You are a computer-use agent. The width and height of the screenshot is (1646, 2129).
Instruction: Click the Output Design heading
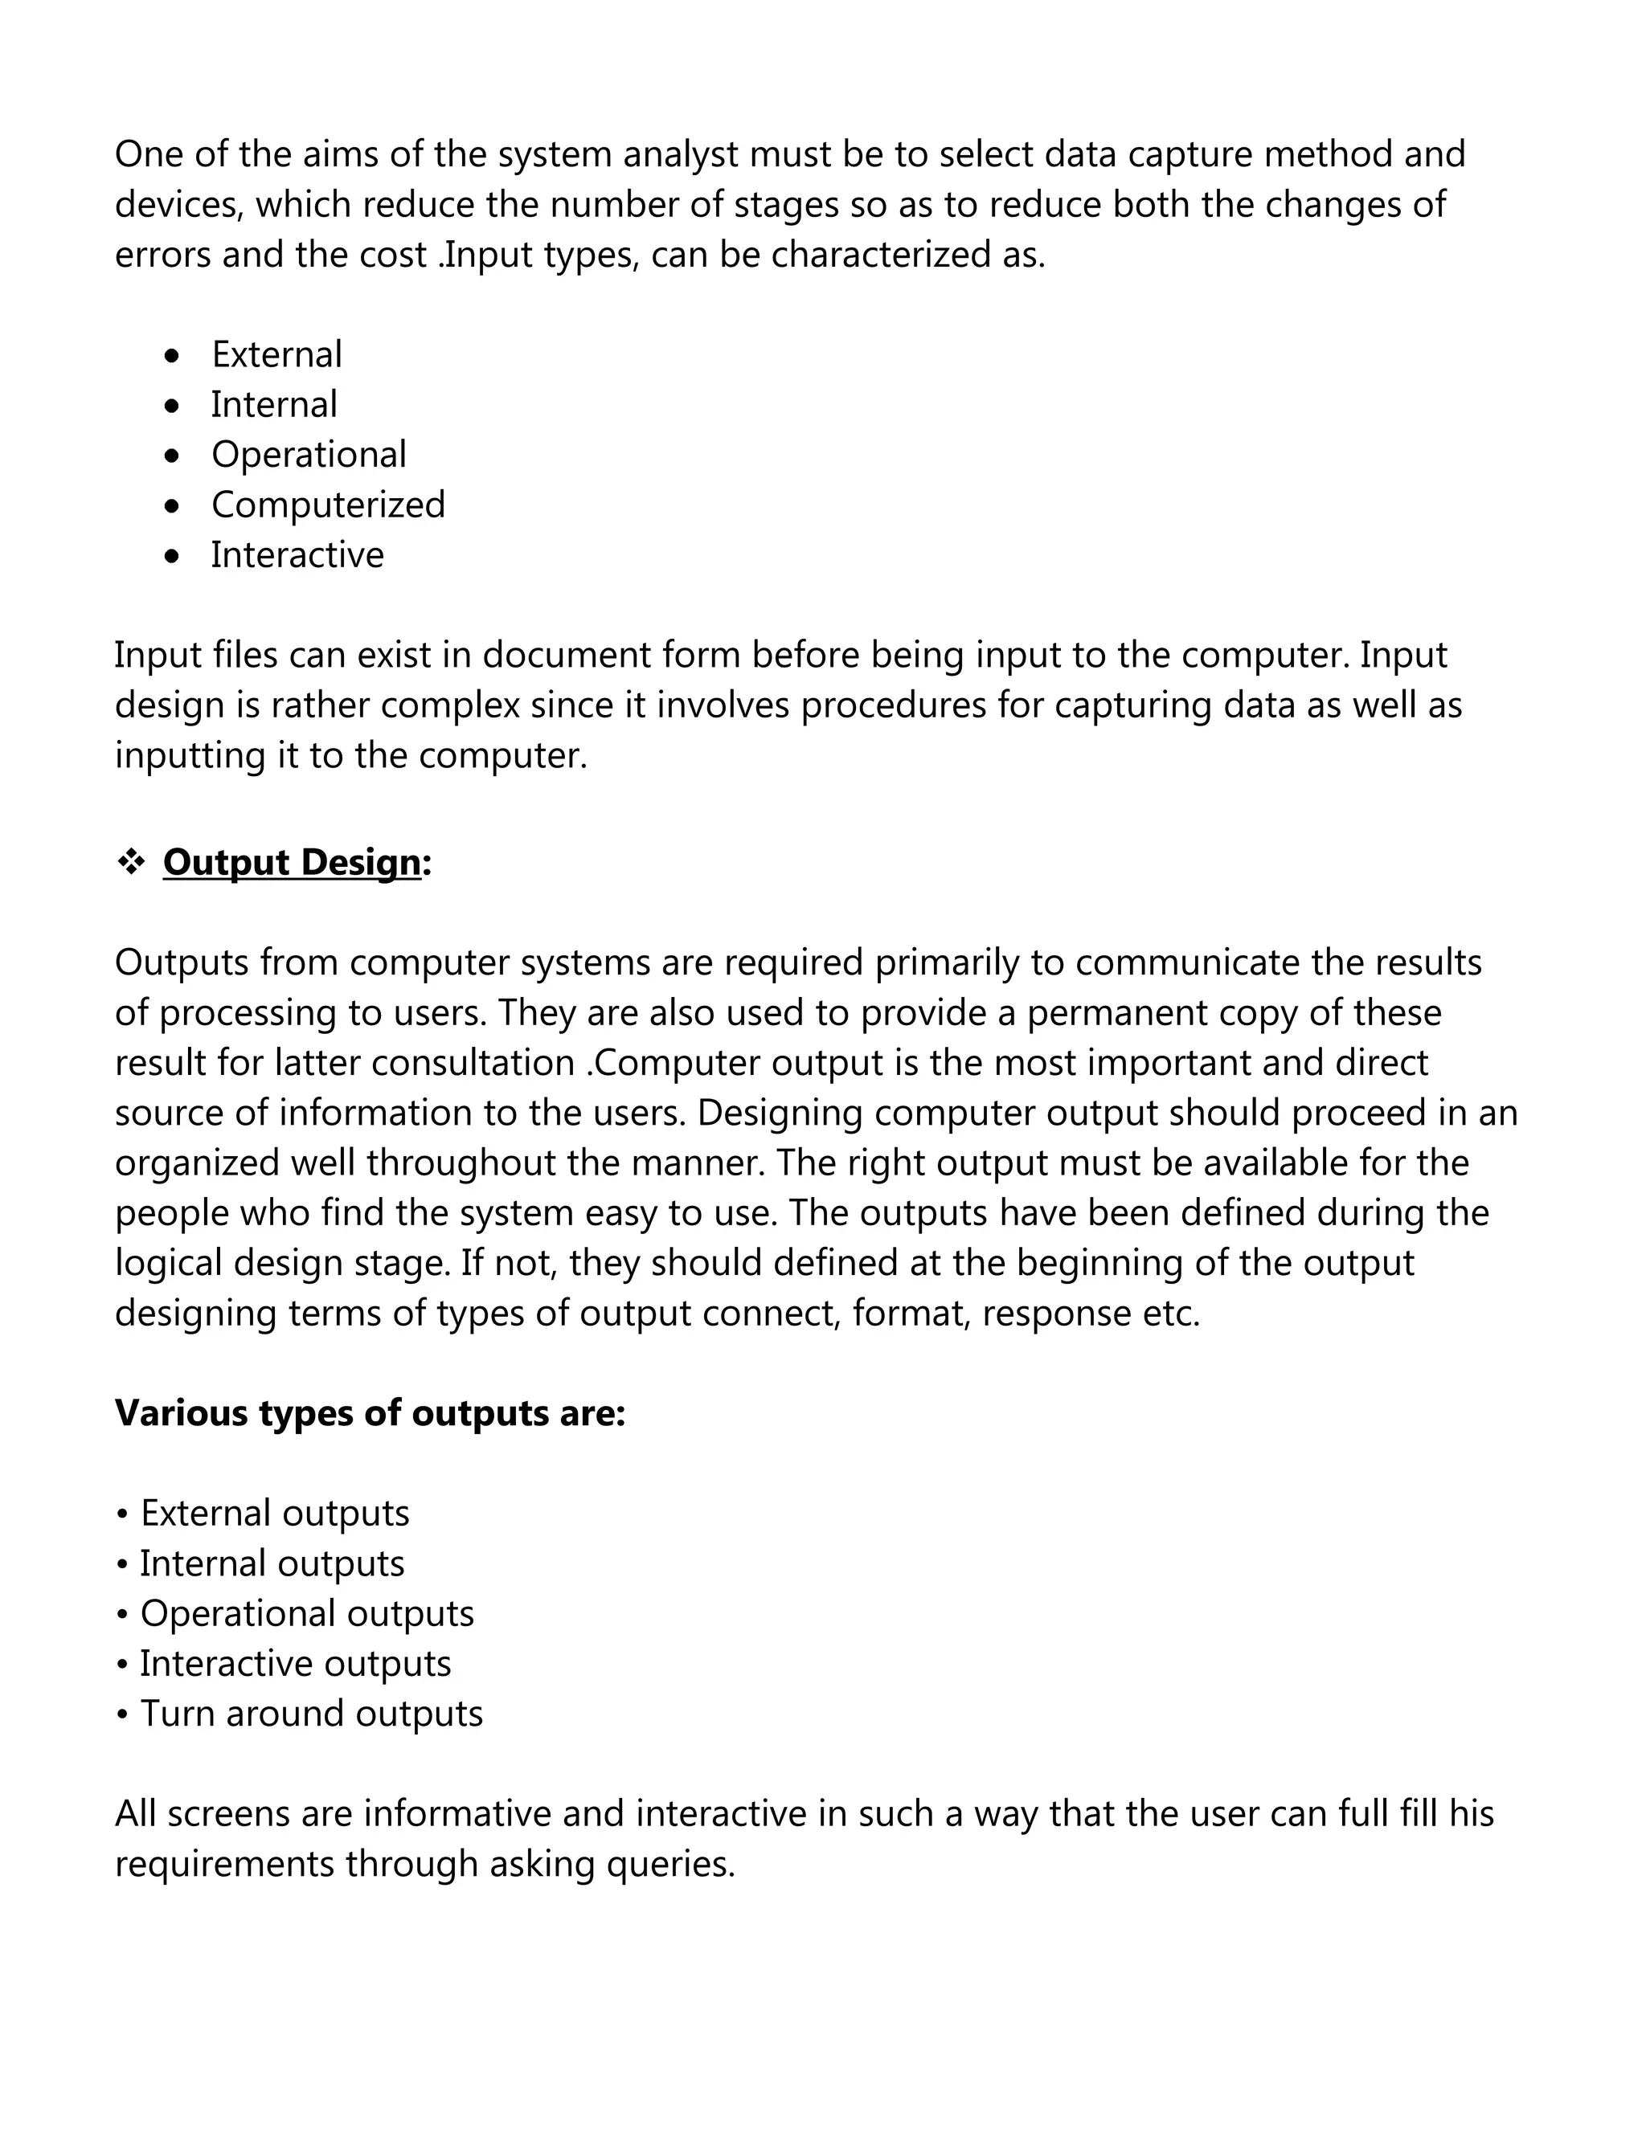(292, 863)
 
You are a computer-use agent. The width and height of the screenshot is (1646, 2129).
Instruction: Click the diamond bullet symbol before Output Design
(131, 862)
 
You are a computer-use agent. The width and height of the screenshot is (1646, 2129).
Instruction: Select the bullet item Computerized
(328, 505)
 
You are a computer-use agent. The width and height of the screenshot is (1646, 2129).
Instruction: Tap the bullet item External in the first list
(277, 355)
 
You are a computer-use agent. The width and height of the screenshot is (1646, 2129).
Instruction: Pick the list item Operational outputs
(306, 1613)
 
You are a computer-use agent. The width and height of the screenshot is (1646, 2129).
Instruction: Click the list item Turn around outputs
(311, 1714)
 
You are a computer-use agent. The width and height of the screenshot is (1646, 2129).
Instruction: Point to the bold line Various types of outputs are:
(370, 1413)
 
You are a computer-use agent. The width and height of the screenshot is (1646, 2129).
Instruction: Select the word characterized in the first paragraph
(879, 255)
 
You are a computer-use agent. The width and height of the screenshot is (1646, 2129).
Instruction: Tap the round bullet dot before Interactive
(173, 557)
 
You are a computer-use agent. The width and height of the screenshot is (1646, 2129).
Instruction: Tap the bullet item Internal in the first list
(274, 405)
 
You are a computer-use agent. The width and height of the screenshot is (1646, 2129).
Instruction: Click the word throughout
(462, 1163)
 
